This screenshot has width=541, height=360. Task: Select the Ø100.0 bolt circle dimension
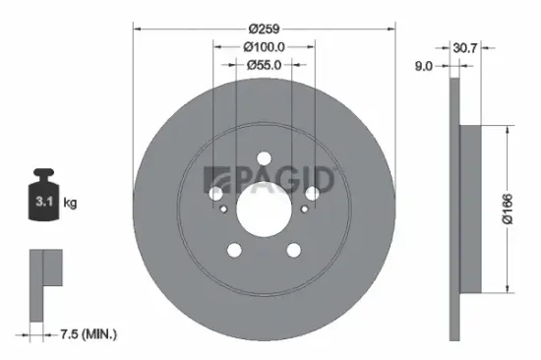pyautogui.click(x=263, y=45)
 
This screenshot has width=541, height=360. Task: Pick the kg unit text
pyautogui.click(x=71, y=204)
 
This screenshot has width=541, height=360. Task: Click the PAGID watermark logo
pyautogui.click(x=270, y=180)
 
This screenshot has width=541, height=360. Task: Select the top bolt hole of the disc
pyautogui.click(x=263, y=159)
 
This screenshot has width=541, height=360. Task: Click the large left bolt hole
pyautogui.click(x=217, y=193)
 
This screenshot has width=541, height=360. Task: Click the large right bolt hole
pyautogui.click(x=310, y=193)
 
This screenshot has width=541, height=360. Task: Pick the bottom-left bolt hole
pyautogui.click(x=234, y=250)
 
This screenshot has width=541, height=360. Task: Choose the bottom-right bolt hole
pyautogui.click(x=292, y=250)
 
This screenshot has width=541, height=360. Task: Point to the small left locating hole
pyautogui.click(x=224, y=208)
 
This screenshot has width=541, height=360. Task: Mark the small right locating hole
pyautogui.click(x=302, y=208)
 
